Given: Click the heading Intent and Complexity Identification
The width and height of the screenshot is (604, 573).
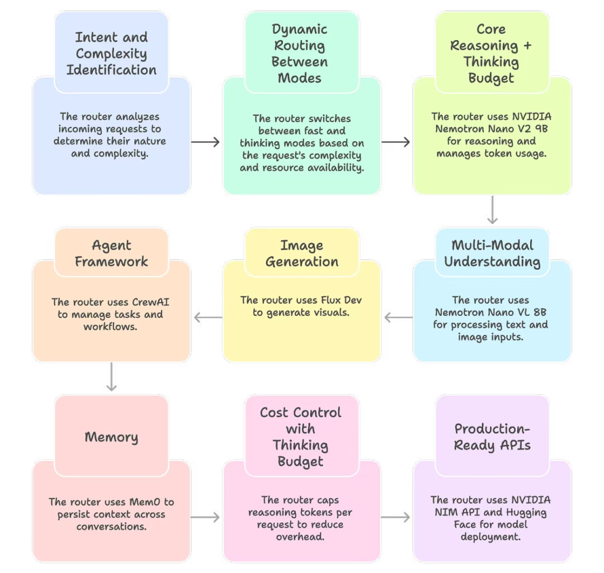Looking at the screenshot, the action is (111, 54).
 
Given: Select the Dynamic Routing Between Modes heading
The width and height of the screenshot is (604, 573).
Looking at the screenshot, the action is (300, 54).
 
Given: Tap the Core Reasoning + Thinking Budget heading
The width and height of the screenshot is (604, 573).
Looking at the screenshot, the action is (492, 54).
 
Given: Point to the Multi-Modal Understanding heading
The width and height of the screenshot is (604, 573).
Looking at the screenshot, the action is (492, 253).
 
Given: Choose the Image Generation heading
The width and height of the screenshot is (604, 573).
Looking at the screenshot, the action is (301, 253).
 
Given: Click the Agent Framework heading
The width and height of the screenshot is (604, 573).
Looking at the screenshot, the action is (111, 253).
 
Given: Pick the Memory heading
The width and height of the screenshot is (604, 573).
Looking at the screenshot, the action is (111, 437).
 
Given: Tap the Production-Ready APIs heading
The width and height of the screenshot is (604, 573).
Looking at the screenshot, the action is (492, 437).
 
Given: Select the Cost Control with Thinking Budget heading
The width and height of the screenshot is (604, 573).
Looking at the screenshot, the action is (300, 437).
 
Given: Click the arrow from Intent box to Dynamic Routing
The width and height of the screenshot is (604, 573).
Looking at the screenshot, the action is (206, 143).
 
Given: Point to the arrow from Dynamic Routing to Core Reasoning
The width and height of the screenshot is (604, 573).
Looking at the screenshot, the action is (397, 143).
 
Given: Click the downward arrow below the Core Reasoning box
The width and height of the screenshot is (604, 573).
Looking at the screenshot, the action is (492, 210).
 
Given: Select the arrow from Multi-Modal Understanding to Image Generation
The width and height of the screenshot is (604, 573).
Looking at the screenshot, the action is (398, 318).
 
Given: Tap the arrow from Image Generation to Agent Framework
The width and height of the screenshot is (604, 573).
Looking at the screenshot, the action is (207, 318).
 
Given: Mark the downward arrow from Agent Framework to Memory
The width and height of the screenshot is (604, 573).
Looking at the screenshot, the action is (111, 378).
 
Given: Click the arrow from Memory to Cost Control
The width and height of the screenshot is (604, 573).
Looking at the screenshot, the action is (206, 518).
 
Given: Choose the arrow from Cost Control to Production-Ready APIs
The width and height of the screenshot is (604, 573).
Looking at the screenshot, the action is (397, 518).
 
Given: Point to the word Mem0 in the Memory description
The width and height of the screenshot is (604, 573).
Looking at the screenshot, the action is (156, 501).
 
